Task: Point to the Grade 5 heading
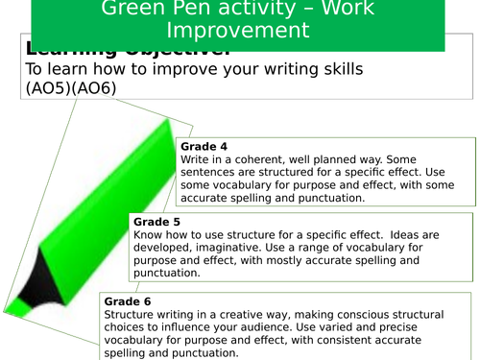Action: coord(153,222)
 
